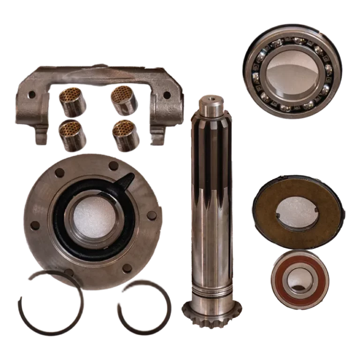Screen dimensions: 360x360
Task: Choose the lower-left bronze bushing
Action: pos(73,136)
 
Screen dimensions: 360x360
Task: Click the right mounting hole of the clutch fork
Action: pos(166,95)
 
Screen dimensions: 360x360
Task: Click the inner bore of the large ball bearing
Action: pos(292,70)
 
